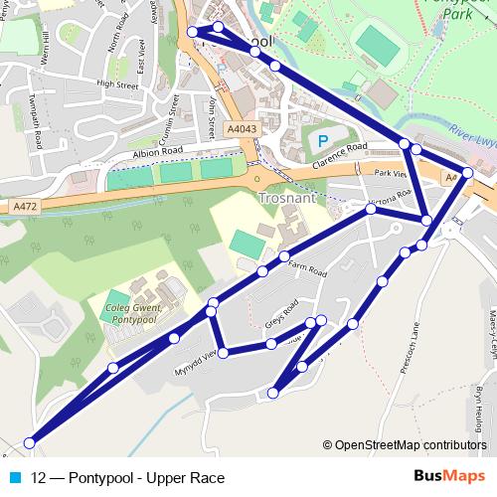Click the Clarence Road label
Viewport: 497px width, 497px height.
(339, 156)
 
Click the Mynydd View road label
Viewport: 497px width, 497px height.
(197, 358)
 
